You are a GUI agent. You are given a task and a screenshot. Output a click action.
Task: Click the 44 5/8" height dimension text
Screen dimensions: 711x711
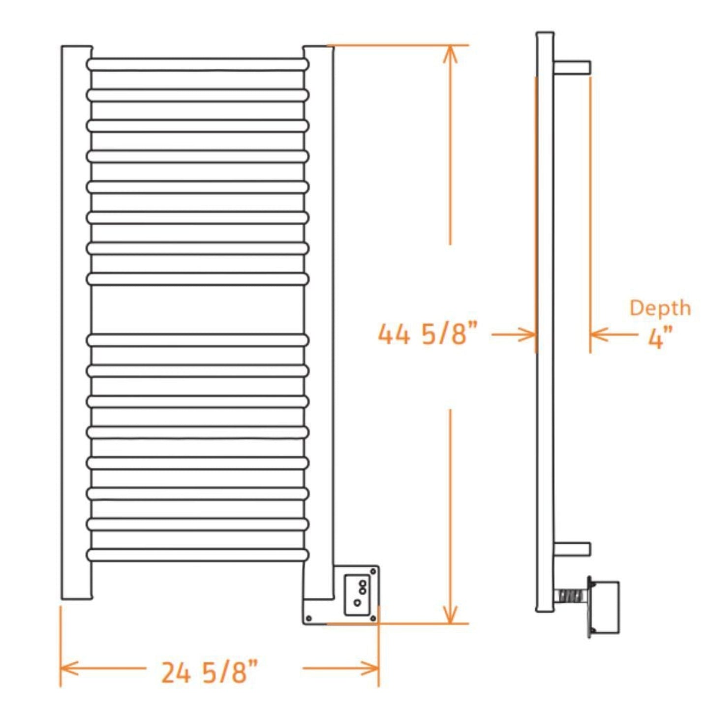click(427, 334)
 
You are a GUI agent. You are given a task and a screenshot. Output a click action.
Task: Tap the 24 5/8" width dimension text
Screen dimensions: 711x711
click(209, 672)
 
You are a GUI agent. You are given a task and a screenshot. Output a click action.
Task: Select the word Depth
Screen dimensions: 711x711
click(660, 308)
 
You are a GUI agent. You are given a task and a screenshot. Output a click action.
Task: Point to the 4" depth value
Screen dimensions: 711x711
click(660, 338)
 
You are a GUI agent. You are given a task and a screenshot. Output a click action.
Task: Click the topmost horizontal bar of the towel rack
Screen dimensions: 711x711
click(197, 64)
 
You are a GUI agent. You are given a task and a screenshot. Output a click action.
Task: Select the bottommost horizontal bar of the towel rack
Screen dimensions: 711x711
click(197, 555)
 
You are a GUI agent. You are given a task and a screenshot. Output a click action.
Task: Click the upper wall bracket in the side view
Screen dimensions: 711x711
click(572, 67)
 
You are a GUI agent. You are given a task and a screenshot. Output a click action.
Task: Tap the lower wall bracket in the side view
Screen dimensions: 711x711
click(572, 549)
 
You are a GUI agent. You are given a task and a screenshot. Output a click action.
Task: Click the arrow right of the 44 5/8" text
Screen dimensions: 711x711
click(514, 335)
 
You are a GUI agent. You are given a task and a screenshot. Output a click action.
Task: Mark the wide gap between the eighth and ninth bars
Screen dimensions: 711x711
click(197, 309)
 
